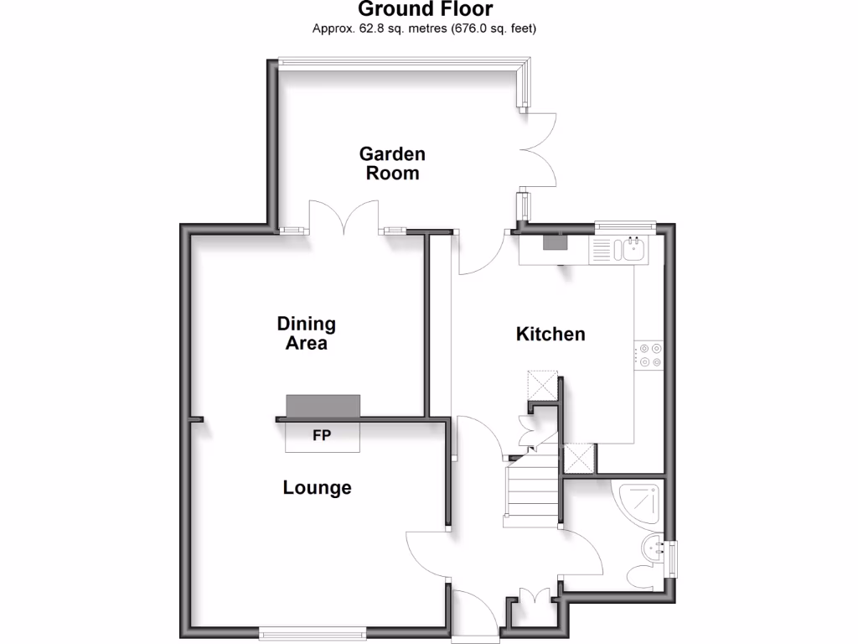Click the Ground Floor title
tap(426, 10)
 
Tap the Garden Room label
tap(392, 164)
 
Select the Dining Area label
tap(306, 333)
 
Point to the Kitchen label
tap(550, 334)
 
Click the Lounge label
tap(317, 487)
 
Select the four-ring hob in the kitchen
tap(649, 356)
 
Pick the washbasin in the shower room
tap(652, 549)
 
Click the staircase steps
tap(530, 496)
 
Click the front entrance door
tap(474, 616)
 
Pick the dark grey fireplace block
tap(323, 406)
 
